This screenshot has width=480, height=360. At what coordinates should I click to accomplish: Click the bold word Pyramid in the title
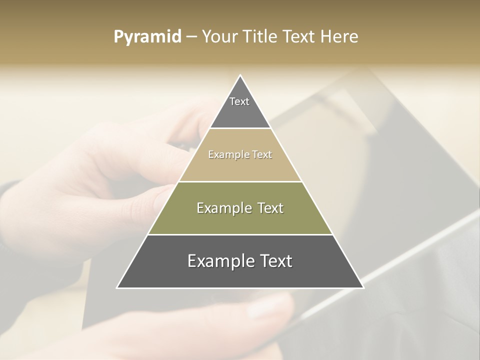(x=147, y=37)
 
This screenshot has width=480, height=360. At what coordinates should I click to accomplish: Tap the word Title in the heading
(x=261, y=37)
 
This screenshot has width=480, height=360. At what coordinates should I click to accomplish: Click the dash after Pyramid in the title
(x=191, y=37)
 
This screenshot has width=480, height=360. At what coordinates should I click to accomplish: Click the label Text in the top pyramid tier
(x=239, y=101)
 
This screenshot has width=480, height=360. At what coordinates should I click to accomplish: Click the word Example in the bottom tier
(x=219, y=261)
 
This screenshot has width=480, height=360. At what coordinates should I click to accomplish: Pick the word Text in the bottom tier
(x=273, y=261)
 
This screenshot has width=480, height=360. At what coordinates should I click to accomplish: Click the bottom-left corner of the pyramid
(x=117, y=287)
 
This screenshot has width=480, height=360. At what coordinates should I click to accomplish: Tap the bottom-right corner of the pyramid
(x=363, y=287)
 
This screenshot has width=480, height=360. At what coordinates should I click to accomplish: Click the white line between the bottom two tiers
(x=240, y=234)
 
